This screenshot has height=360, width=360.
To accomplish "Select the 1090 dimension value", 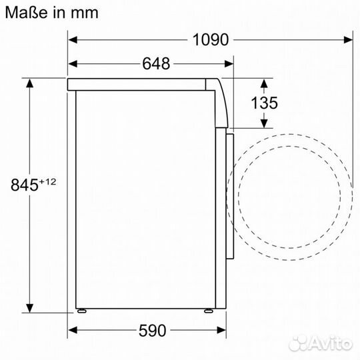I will [211, 39].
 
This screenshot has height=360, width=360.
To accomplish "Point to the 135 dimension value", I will [265, 103].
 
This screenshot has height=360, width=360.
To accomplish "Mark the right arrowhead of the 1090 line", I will [349, 39].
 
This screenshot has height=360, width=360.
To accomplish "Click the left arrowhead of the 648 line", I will [73, 64].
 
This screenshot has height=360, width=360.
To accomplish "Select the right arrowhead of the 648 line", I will [229, 64].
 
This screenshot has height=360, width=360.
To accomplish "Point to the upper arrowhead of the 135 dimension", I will [265, 83].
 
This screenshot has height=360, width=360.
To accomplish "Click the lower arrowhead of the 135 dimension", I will [265, 123].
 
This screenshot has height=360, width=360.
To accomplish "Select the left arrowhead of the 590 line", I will [73, 331].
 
